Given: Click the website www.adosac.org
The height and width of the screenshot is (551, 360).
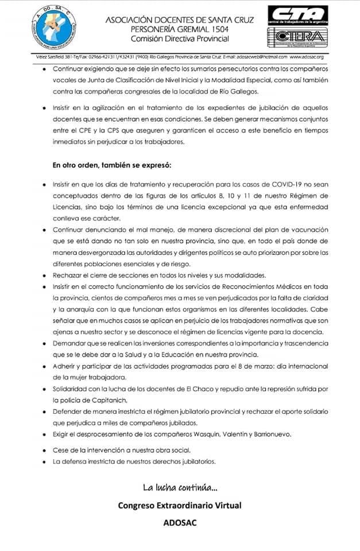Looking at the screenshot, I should click(307, 57).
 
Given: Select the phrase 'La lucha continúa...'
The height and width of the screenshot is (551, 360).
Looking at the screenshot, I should click(180, 488).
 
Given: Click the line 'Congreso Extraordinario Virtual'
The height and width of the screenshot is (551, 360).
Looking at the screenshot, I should click(180, 506).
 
